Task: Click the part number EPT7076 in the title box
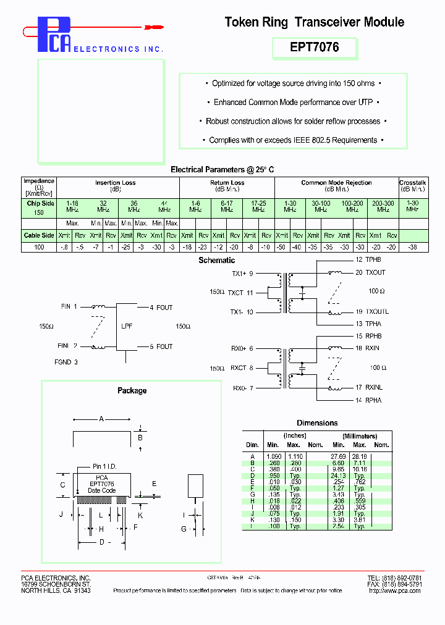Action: (x=315, y=48)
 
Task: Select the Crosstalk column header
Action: (x=413, y=183)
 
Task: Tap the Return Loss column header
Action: (x=227, y=183)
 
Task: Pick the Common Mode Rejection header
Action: (x=336, y=183)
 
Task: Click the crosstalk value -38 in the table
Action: (x=413, y=247)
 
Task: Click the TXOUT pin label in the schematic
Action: (x=375, y=272)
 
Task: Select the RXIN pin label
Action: (x=373, y=348)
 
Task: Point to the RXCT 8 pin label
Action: (x=242, y=367)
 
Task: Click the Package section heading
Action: (x=132, y=390)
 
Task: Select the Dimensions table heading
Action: (x=317, y=423)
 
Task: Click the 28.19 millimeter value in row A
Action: (x=360, y=456)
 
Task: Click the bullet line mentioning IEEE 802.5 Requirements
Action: (x=293, y=140)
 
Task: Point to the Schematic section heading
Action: (x=216, y=261)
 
